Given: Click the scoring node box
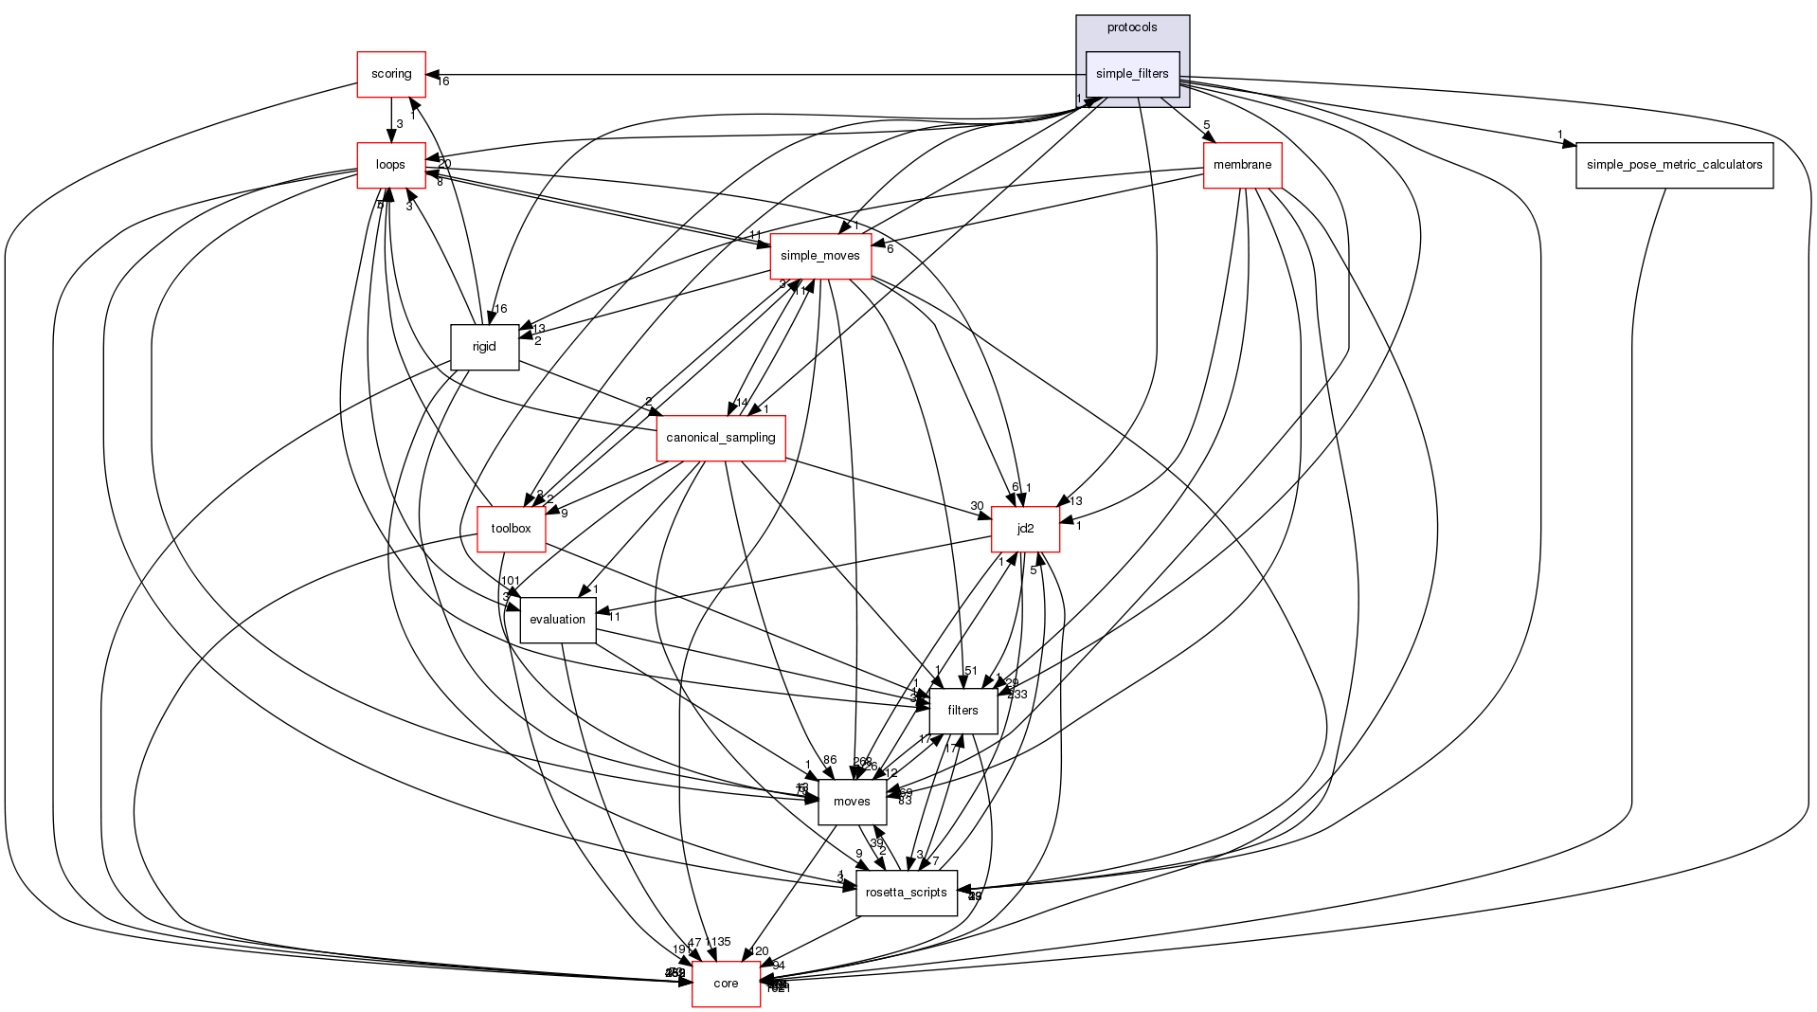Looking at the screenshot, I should (390, 74).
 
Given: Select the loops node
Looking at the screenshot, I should (390, 165).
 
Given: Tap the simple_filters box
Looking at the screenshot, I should (1132, 74).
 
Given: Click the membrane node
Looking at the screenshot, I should (1242, 165).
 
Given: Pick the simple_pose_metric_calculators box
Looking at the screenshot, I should (1674, 165).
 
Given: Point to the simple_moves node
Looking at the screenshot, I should (820, 256).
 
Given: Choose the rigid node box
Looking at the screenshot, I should (484, 347).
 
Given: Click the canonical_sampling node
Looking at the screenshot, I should (721, 438).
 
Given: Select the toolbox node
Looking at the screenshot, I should (511, 529).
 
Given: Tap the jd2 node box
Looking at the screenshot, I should (1025, 529).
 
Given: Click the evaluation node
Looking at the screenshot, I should (557, 620).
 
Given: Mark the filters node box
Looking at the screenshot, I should (962, 711).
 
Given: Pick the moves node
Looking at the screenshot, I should (852, 802).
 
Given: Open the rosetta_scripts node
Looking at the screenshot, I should (906, 893).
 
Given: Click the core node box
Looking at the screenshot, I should (726, 984).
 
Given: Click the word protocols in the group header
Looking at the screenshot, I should (1132, 27).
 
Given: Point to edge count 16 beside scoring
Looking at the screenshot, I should (442, 81).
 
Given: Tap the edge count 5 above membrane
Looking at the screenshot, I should (1207, 125).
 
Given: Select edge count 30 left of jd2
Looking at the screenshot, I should (977, 506).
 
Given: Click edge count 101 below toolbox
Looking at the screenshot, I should (511, 581).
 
